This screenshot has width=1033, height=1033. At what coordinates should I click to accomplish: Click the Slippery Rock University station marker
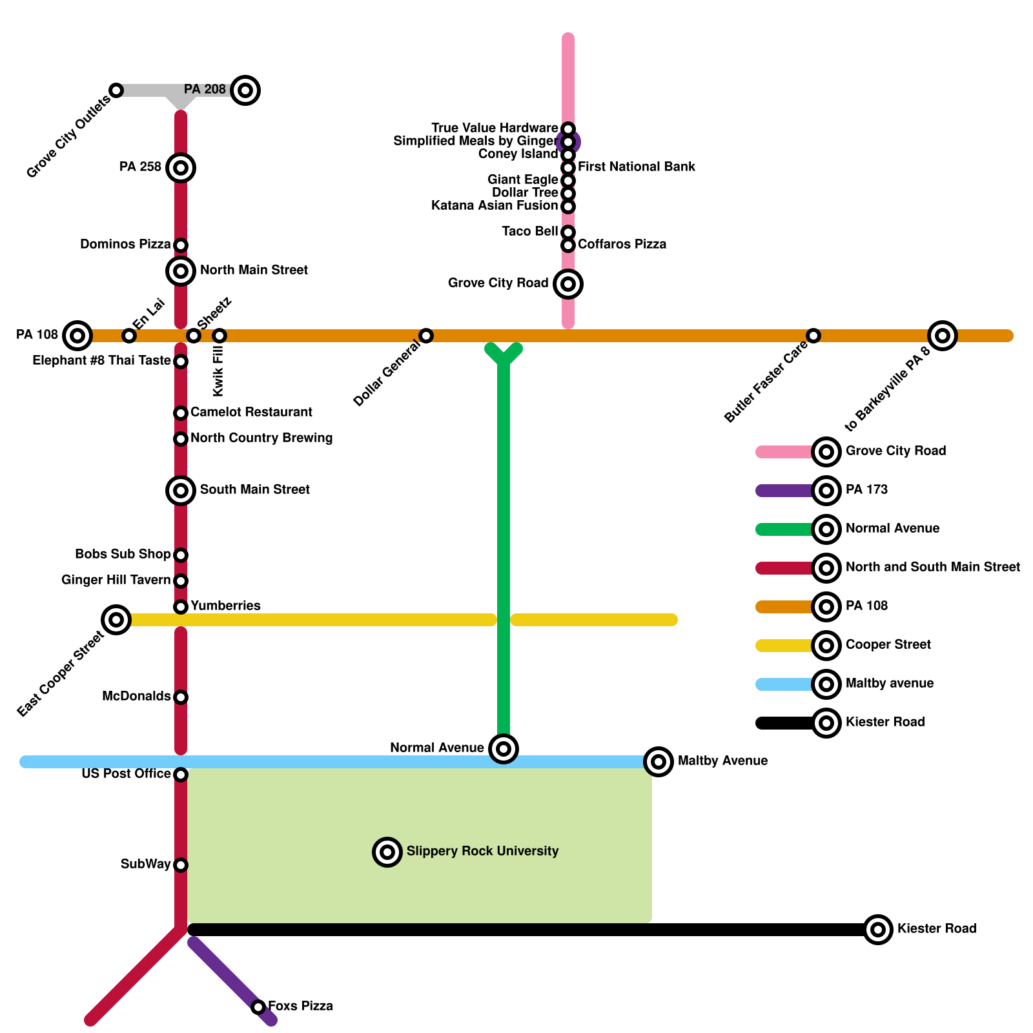coord(387,852)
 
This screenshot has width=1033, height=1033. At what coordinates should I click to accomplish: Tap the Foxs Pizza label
coord(300,1006)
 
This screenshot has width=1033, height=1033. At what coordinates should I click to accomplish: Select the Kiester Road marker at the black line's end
coord(878,930)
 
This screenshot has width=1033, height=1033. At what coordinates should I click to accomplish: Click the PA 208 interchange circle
coord(245,90)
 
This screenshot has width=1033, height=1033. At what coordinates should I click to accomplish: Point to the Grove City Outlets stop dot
coord(116,90)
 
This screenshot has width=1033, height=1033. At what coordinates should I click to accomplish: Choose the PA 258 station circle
coord(181,168)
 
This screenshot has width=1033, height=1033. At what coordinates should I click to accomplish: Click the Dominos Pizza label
coord(125,244)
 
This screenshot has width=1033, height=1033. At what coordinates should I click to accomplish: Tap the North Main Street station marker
coord(181,271)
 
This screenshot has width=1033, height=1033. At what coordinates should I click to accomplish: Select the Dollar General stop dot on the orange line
coord(426,336)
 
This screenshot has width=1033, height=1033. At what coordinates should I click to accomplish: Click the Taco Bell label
coord(529,231)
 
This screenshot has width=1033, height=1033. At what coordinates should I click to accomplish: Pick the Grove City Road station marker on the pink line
coord(568,283)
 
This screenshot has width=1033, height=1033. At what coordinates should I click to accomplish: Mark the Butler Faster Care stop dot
coord(813,336)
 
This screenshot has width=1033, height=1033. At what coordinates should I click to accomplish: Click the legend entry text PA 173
coord(866,489)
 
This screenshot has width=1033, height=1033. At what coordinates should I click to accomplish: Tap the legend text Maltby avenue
coord(889,683)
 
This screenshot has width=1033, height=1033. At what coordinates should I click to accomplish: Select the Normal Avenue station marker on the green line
coord(504,749)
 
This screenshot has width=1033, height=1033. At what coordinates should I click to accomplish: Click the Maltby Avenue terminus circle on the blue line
coord(659,762)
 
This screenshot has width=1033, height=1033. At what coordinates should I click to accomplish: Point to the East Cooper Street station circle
coord(116,620)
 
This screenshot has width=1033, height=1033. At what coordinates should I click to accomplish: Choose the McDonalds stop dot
coord(181,697)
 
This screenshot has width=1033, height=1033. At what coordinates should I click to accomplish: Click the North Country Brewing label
coord(261,438)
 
